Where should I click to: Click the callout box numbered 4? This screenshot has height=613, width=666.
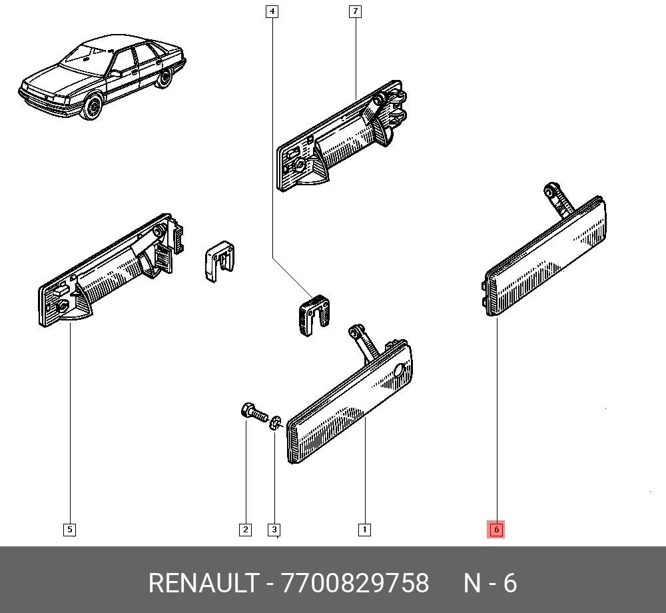[x=272, y=11]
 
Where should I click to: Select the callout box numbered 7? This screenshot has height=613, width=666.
[x=355, y=11]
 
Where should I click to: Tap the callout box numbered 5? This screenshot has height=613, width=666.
[x=69, y=530]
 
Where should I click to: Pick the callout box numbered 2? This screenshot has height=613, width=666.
[x=245, y=530]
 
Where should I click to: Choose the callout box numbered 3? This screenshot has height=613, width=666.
[x=274, y=530]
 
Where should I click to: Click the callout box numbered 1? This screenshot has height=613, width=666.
[x=364, y=530]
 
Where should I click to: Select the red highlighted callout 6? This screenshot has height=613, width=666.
[x=496, y=530]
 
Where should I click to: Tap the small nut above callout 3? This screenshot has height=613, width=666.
[x=276, y=422]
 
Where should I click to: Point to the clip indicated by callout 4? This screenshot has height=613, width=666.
[x=312, y=314]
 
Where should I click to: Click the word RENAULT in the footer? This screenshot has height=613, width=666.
[x=202, y=583]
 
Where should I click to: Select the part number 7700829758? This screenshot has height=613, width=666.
[x=356, y=583]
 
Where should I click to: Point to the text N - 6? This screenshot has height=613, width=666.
[x=490, y=583]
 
